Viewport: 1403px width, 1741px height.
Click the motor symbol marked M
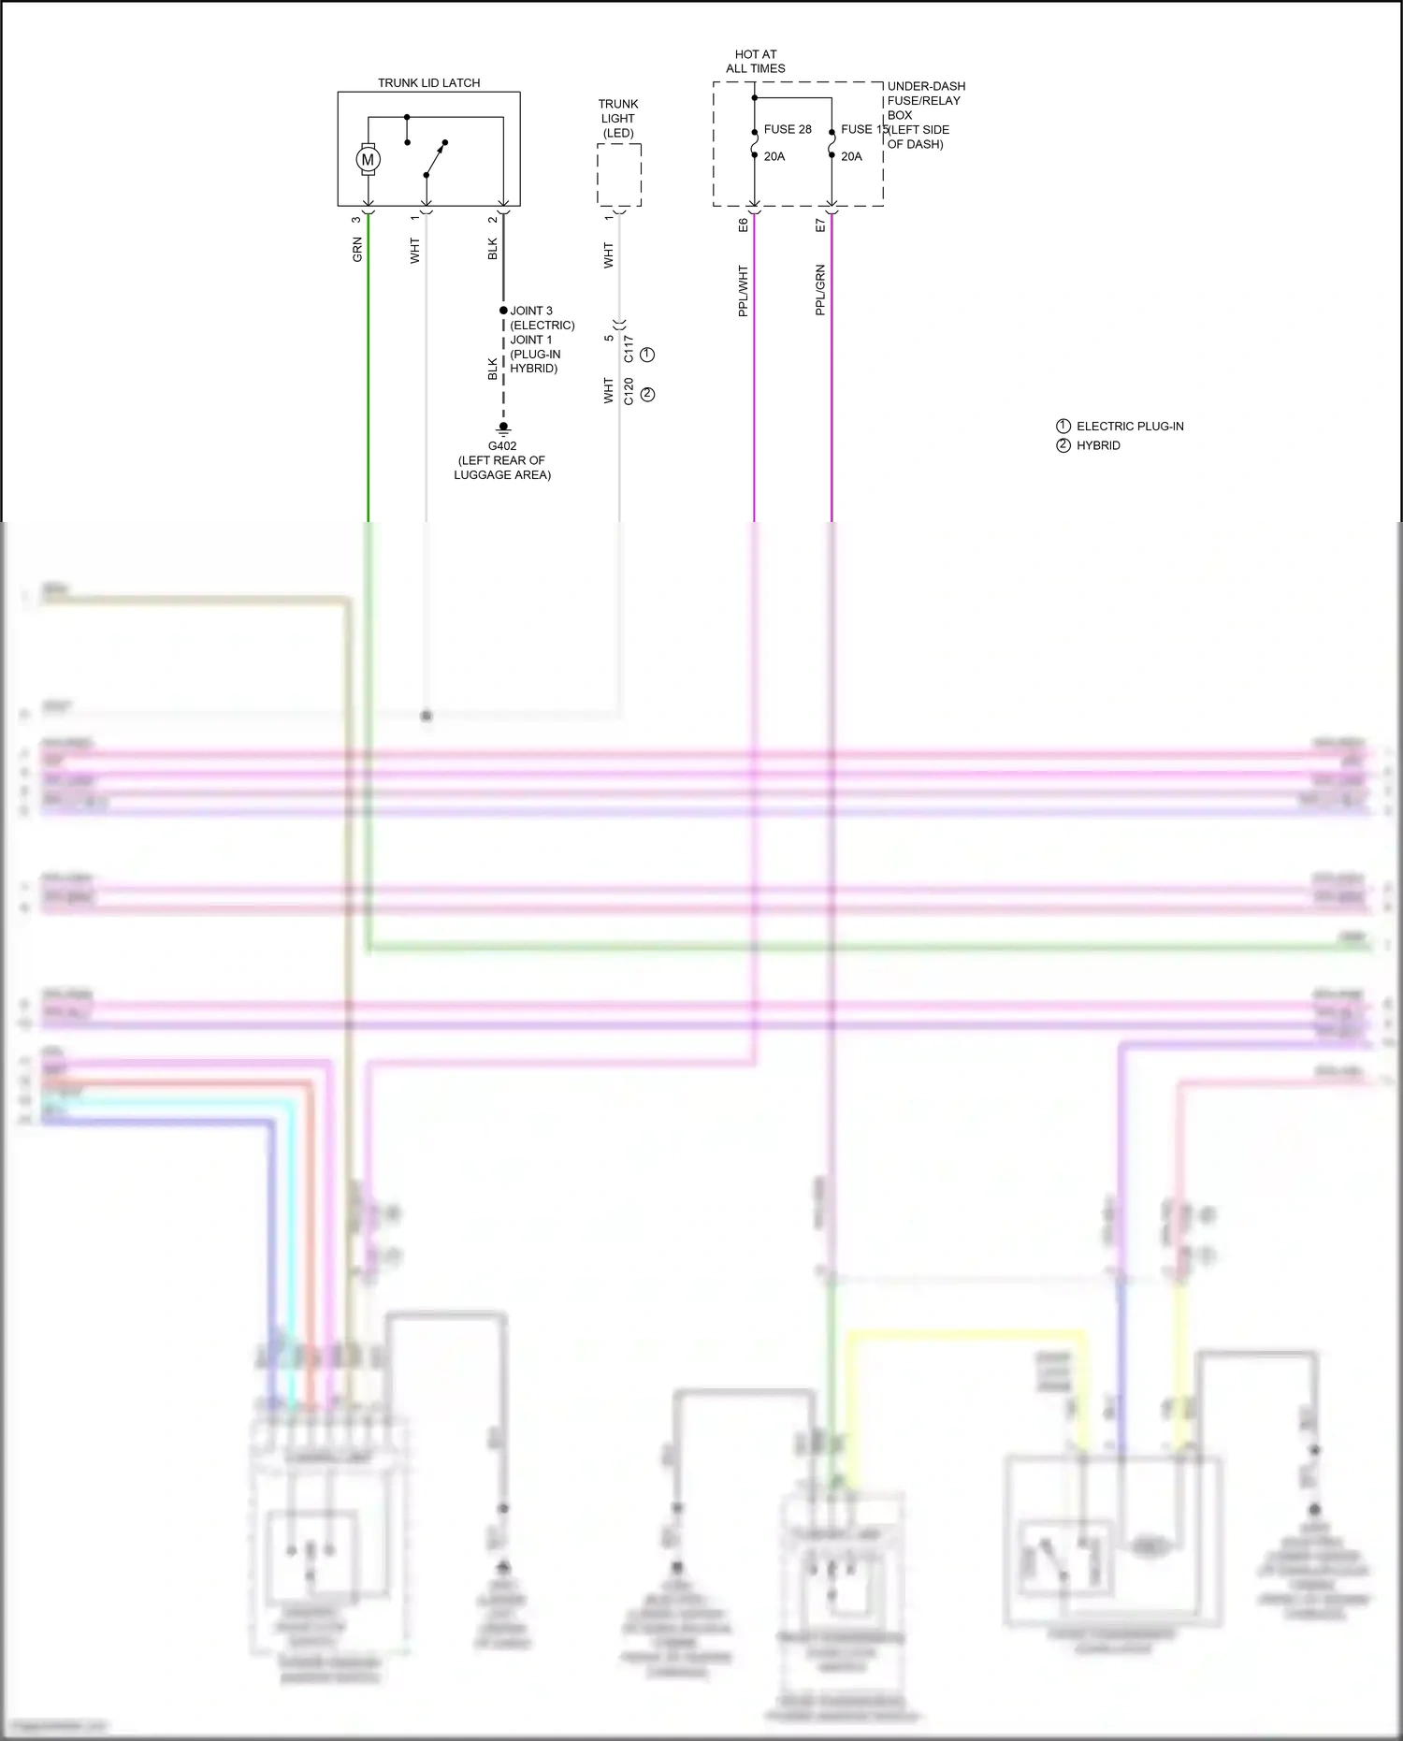(x=368, y=160)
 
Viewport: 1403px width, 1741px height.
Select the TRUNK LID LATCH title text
(x=428, y=83)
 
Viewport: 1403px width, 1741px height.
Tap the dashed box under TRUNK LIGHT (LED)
(x=619, y=175)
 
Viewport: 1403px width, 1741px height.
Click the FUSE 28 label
(x=788, y=129)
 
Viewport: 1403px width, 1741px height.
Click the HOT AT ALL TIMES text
(x=755, y=62)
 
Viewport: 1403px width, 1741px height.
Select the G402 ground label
(x=502, y=446)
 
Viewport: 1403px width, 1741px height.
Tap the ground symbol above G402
(x=503, y=429)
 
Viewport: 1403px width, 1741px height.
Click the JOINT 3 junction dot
(x=503, y=311)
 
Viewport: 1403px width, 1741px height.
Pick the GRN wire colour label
(x=357, y=250)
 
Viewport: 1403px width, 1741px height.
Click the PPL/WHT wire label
(x=744, y=291)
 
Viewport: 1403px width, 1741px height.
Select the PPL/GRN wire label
(x=820, y=290)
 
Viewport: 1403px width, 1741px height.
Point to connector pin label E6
(x=744, y=225)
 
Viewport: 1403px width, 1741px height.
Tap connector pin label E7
(x=820, y=225)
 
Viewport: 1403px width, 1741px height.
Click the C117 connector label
(x=629, y=349)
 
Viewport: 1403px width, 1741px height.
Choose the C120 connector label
(x=629, y=391)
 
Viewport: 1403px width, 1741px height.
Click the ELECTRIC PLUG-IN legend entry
(x=1129, y=427)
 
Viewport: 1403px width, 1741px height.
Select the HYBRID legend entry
(x=1098, y=446)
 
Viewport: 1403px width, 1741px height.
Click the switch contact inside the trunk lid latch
(x=435, y=159)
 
